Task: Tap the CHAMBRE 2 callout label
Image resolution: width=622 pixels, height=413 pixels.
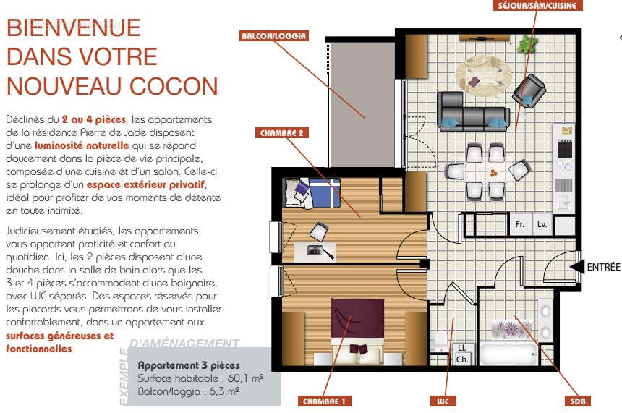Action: pyautogui.click(x=286, y=132)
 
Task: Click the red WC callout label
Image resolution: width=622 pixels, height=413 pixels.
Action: pyautogui.click(x=443, y=401)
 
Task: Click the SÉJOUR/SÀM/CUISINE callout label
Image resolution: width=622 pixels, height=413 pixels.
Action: pyautogui.click(x=536, y=5)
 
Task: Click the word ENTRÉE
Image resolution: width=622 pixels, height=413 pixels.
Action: pyautogui.click(x=603, y=267)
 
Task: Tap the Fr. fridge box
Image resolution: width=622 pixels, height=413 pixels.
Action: pyautogui.click(x=520, y=225)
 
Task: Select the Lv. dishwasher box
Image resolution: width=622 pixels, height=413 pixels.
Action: pyautogui.click(x=542, y=225)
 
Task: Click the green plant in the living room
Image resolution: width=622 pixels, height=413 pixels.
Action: pyautogui.click(x=527, y=44)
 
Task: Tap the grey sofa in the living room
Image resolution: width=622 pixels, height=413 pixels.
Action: pyautogui.click(x=473, y=110)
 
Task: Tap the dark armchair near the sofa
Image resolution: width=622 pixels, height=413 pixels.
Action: pyautogui.click(x=529, y=90)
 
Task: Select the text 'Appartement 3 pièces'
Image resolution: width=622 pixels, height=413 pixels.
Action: pyautogui.click(x=189, y=365)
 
